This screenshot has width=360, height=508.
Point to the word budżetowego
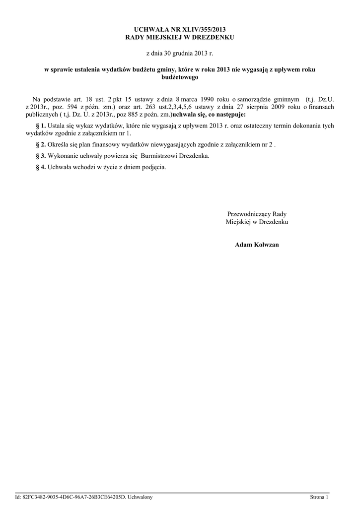coord(180,77)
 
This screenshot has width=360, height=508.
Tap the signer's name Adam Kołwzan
coord(257,245)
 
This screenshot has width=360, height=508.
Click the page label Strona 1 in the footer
coord(319,497)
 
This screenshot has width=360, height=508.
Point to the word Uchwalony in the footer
coord(141,497)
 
